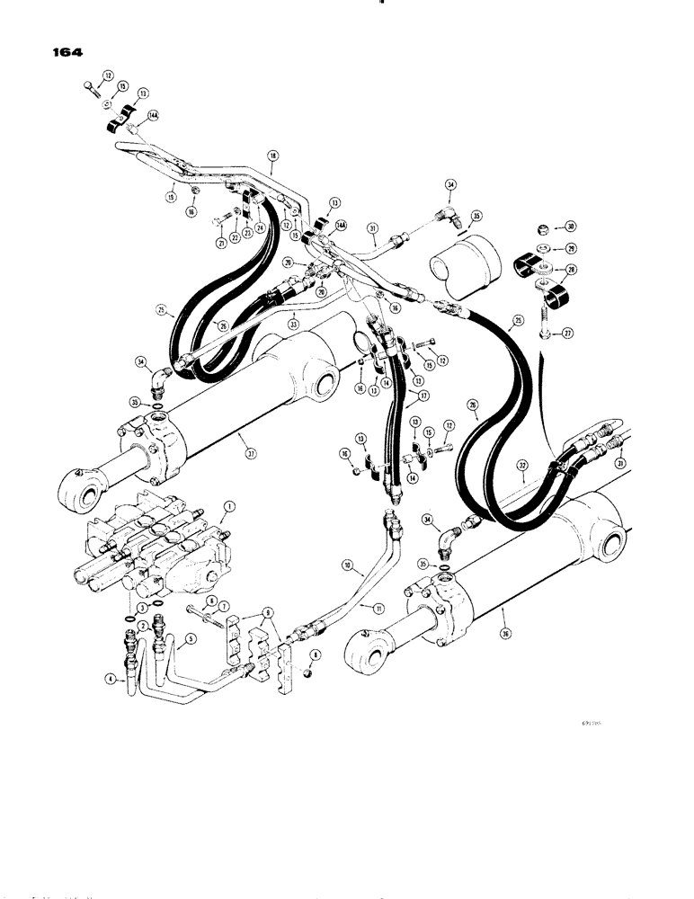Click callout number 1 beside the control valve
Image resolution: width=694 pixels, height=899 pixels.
coord(229,507)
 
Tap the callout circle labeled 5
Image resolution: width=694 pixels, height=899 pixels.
coord(190,642)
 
